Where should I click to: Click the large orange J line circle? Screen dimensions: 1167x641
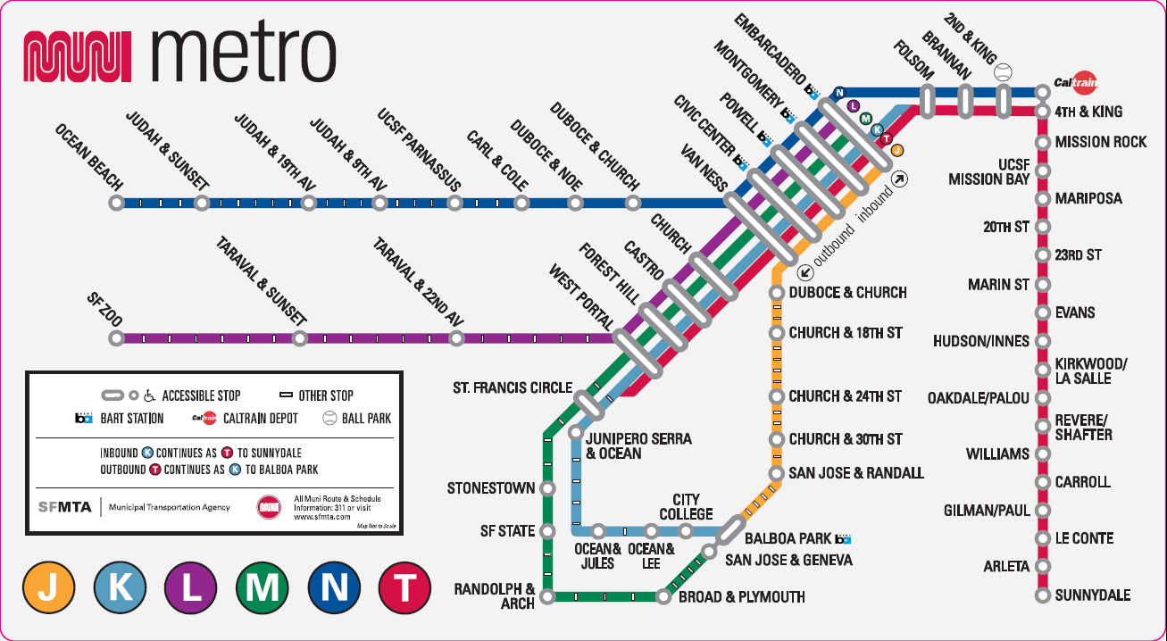[x=48, y=588]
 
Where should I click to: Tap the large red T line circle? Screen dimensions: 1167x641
[x=404, y=588]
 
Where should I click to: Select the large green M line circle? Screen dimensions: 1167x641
[x=262, y=588]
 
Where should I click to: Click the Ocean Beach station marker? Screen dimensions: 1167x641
[x=117, y=203]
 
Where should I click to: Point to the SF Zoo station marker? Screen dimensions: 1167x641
[x=117, y=338]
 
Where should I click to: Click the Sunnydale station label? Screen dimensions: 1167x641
[x=1093, y=595]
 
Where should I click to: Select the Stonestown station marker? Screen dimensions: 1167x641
[x=547, y=488]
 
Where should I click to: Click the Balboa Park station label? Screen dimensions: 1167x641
[x=789, y=538]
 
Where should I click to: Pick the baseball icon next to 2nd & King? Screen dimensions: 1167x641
[x=1003, y=71]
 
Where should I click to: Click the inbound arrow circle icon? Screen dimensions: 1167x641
[x=900, y=179]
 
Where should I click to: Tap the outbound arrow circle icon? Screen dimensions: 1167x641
[x=805, y=271]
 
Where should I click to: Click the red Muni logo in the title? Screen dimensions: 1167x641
[x=77, y=56]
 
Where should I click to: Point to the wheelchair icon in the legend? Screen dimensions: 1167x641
[x=149, y=395]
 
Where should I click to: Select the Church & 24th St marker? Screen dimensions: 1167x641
[x=777, y=396]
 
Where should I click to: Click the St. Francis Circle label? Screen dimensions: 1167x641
[x=513, y=388]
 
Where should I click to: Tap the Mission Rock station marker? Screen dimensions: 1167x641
[x=1043, y=142]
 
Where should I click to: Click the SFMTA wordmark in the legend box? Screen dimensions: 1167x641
[x=64, y=507]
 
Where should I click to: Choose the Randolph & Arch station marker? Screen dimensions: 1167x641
[x=547, y=596]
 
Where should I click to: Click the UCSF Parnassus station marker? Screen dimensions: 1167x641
[x=454, y=203]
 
